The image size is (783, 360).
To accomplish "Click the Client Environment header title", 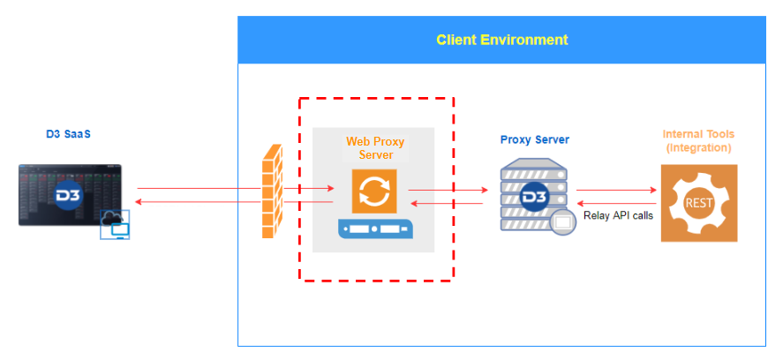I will tap(501, 40).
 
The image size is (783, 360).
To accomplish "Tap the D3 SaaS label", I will tap(69, 135).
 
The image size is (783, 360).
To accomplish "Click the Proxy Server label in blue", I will tap(534, 139).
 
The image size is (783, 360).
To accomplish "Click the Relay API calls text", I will tap(618, 214).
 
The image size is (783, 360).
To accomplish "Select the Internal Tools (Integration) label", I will tap(698, 141).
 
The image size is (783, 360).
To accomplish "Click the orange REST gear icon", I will tap(698, 204).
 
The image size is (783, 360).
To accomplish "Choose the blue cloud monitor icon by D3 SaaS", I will tap(116, 226).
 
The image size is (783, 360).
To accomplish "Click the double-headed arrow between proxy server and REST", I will tap(618, 190).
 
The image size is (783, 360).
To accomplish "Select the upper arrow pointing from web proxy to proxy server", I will tap(448, 189).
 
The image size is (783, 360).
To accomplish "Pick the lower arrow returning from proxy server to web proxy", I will tap(448, 203).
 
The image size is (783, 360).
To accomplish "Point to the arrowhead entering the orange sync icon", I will tap(330, 189).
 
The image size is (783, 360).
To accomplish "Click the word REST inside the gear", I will tap(698, 203).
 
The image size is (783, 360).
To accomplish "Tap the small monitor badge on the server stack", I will tap(562, 224).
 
